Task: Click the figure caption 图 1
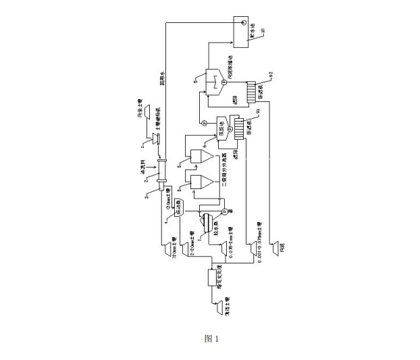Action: click(x=211, y=338)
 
